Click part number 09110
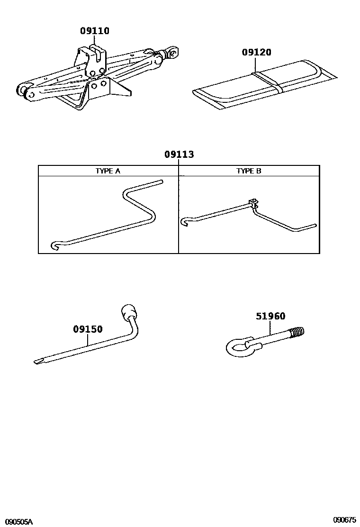click(95, 31)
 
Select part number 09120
click(257, 52)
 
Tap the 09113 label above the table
click(179, 154)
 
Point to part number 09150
click(88, 329)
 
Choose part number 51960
click(270, 316)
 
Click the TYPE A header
click(108, 171)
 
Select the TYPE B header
click(249, 171)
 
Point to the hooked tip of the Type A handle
click(54, 245)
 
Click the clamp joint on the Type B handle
click(253, 203)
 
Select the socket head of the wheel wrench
click(128, 313)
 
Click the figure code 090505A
click(17, 521)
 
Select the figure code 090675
click(344, 520)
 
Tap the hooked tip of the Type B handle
click(185, 221)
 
